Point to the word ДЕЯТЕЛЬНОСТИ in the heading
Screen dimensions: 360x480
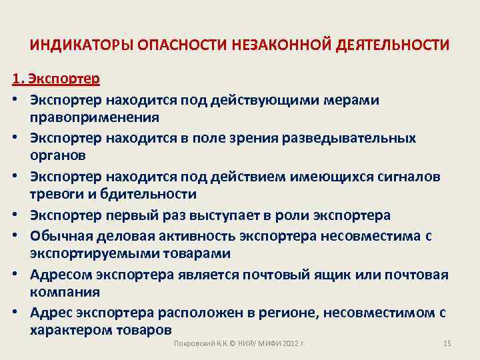tap(393, 45)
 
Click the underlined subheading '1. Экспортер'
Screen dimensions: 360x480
tap(56, 79)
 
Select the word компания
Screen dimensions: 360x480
tap(74, 292)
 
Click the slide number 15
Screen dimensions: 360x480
tap(447, 343)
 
